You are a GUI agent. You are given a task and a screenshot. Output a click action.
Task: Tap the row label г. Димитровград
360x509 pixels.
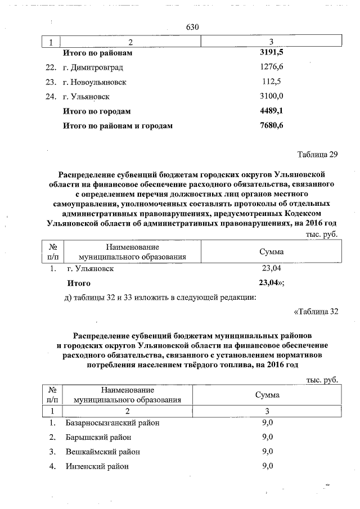93,68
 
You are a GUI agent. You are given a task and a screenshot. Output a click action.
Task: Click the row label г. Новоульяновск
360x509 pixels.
94,82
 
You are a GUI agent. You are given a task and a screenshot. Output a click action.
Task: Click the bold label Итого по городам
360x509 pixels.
97,111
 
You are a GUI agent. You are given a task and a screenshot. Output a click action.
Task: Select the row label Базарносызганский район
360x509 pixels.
112,423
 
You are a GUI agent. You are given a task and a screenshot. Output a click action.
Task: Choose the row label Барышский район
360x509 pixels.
98,438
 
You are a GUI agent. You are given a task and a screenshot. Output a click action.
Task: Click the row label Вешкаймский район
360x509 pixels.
102,452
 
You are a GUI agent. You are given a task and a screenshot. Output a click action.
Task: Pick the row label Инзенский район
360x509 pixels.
97,467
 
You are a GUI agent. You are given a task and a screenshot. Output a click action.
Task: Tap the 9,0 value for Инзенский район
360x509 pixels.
267,466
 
